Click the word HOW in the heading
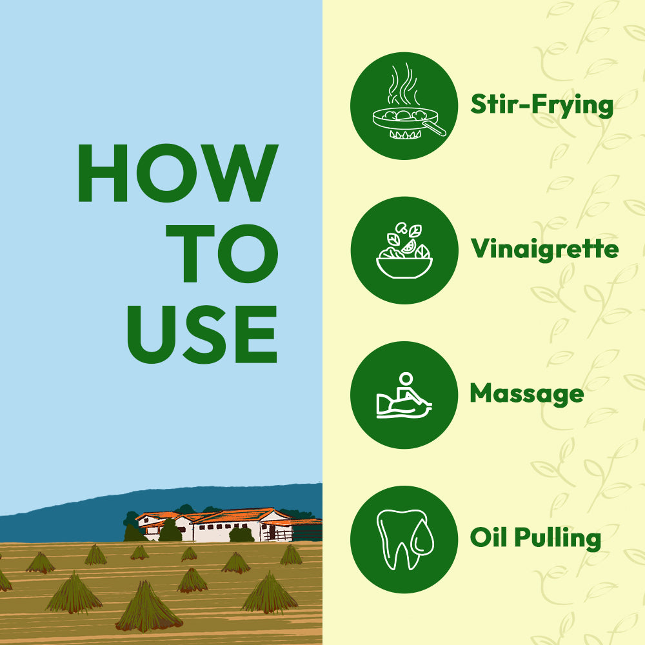click(178, 173)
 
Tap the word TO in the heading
click(222, 253)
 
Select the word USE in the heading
click(202, 334)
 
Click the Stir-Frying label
click(542, 105)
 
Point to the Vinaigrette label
click(544, 249)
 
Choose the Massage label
click(527, 394)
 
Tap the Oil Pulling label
click(535, 538)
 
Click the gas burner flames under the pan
click(405, 135)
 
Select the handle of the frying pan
click(435, 128)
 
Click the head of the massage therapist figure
click(406, 379)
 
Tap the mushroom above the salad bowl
click(401, 228)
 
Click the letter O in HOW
click(166, 173)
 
